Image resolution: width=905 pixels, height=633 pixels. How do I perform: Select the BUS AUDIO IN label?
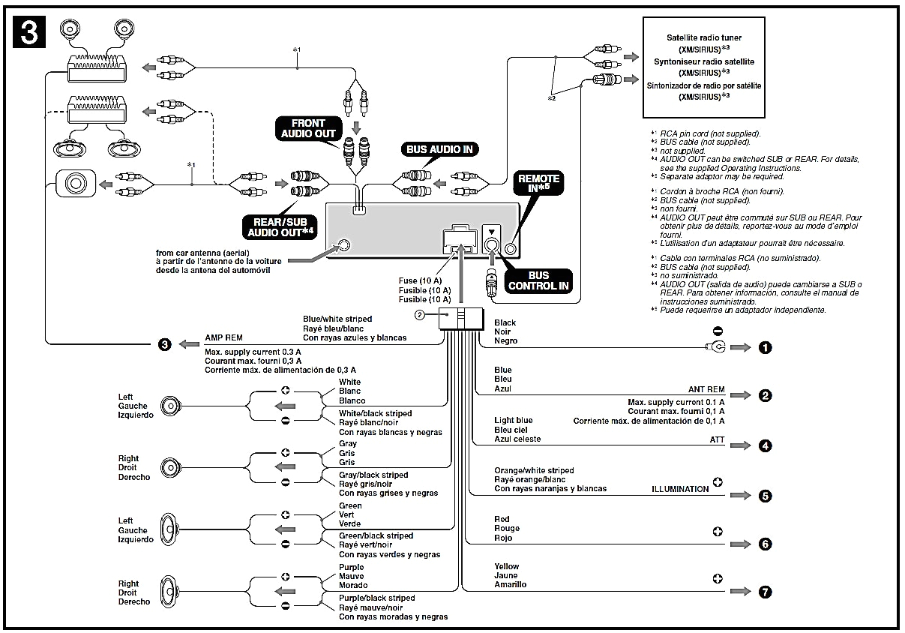(x=439, y=149)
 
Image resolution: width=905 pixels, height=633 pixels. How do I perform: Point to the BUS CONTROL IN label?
(x=538, y=280)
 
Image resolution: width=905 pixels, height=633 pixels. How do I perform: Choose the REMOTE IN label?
(x=538, y=184)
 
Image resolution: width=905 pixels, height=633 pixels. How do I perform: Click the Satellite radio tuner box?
(x=704, y=67)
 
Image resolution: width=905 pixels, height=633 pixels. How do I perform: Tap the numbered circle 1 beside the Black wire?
(x=765, y=348)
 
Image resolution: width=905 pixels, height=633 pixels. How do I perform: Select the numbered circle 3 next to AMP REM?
(x=165, y=345)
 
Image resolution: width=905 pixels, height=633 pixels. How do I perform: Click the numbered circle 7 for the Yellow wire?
(x=765, y=592)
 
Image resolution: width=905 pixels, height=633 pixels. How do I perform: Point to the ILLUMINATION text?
(x=680, y=489)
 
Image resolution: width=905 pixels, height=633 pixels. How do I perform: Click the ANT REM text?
(x=706, y=390)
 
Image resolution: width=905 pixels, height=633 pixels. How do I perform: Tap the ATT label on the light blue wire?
(x=718, y=439)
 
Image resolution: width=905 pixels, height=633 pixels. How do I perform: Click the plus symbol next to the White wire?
(x=285, y=391)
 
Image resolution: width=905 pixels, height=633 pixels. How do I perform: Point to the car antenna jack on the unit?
(x=344, y=245)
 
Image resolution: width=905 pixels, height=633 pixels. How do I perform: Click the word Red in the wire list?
(x=502, y=519)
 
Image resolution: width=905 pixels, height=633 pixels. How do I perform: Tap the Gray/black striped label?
(x=373, y=475)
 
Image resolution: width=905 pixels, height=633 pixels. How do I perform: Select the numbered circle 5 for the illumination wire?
(x=765, y=496)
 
